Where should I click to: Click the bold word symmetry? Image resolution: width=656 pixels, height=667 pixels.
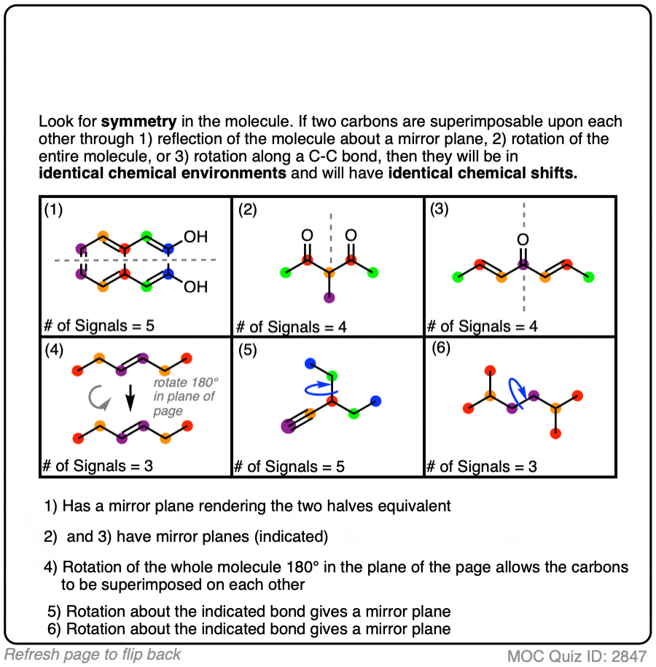coord(138,122)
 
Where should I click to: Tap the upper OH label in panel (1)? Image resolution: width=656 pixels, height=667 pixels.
coord(195,237)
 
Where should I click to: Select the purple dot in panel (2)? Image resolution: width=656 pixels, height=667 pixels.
coord(329,297)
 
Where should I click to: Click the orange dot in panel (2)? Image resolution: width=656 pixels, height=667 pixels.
coord(329,272)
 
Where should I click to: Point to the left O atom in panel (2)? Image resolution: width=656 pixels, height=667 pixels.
coord(307,235)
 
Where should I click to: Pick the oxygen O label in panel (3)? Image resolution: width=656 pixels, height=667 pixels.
coord(523,240)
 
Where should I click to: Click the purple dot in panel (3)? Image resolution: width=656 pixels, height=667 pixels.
coord(523,264)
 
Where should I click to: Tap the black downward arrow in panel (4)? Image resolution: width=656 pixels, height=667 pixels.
coord(130,398)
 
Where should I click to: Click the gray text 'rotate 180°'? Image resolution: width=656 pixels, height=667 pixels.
coord(186,382)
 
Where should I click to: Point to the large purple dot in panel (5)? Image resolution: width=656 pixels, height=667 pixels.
coord(289,426)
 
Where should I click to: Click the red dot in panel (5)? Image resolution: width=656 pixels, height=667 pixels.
coord(332,400)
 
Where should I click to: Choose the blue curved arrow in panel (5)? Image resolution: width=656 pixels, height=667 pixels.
coord(321,388)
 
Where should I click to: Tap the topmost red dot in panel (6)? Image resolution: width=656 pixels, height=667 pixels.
coord(490,371)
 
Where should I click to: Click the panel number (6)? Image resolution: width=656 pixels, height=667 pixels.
coord(441,348)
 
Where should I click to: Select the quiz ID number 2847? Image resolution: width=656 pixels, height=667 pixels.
coord(629,656)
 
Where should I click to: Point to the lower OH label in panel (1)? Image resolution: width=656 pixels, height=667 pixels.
coord(195,287)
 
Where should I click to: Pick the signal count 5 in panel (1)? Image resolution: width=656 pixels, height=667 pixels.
coord(150,325)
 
